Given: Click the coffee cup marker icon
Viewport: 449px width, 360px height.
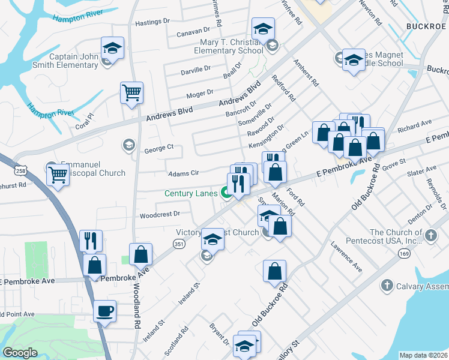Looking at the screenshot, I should [x=105, y=311].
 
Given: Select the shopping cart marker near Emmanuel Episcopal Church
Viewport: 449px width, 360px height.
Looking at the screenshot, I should [x=58, y=175].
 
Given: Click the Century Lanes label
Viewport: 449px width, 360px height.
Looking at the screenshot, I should [x=191, y=193].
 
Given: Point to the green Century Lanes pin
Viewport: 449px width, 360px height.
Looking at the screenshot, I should [x=227, y=193].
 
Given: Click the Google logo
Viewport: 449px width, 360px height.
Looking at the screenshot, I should [x=20, y=353].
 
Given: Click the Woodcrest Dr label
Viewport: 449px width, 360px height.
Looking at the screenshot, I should [x=160, y=214].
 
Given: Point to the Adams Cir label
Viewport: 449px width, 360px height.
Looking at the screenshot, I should [x=183, y=173].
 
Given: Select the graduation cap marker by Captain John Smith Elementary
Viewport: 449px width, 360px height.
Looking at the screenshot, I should [x=112, y=48].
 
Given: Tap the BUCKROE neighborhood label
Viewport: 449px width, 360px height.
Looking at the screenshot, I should [x=427, y=26].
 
